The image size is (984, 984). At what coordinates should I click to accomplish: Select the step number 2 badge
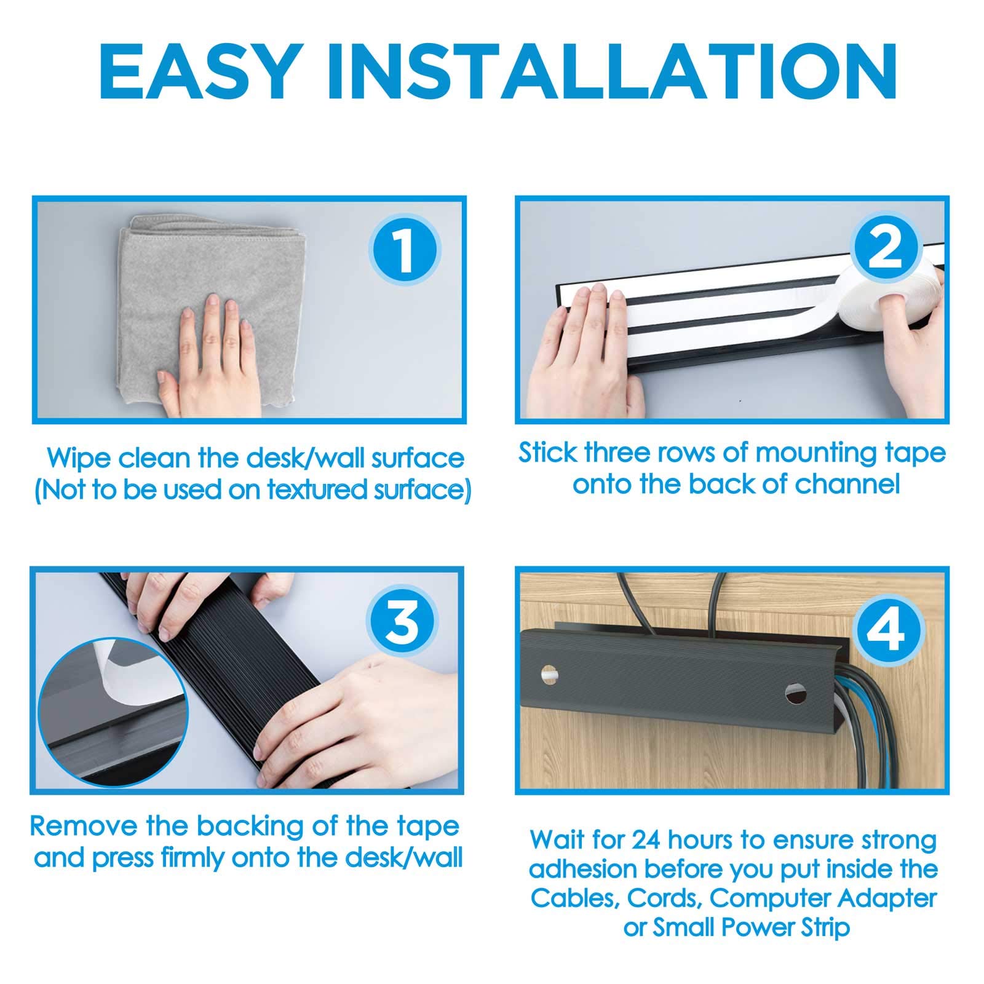[x=886, y=249]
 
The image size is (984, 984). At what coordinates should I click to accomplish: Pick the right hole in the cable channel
[x=796, y=696]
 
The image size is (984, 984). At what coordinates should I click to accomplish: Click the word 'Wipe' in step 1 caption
[x=79, y=459]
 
